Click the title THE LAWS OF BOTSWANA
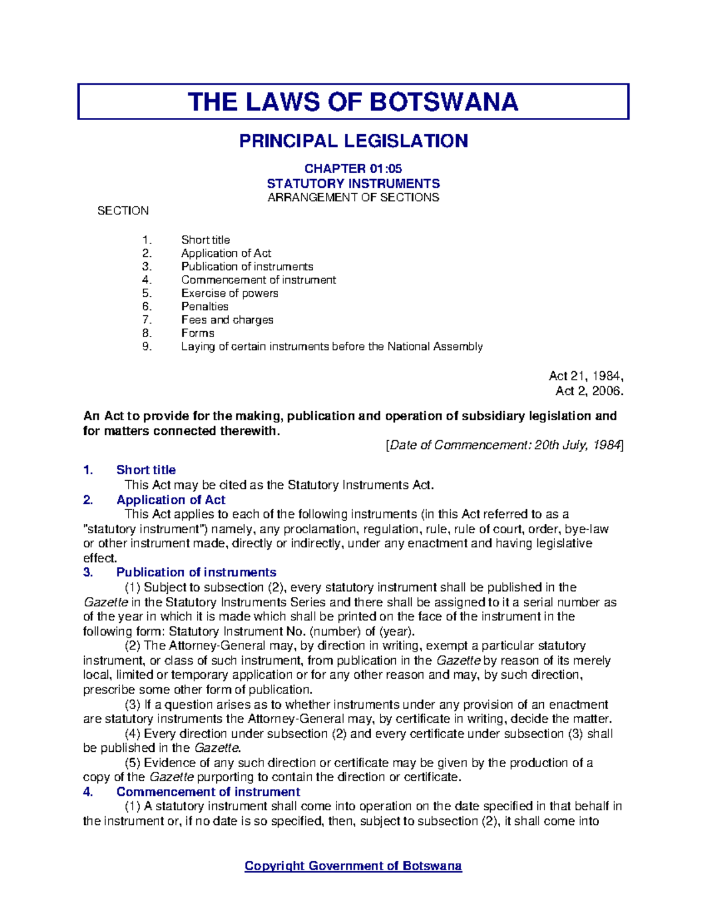click(353, 102)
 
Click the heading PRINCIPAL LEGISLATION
click(353, 141)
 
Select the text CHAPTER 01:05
click(353, 169)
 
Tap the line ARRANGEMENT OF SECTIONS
click(353, 197)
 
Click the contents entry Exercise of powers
click(229, 293)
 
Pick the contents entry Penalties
click(204, 306)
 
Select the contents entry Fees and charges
click(227, 320)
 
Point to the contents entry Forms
click(197, 333)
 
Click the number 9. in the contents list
click(147, 346)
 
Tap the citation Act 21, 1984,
click(586, 376)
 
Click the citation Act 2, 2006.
click(589, 391)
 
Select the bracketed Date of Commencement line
click(504, 445)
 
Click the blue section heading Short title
click(146, 470)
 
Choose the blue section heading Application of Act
click(170, 500)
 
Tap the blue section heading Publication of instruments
click(196, 572)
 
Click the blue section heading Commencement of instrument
click(208, 792)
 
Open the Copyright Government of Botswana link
click(353, 866)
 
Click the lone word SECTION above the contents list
click(123, 211)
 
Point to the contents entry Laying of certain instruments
click(332, 346)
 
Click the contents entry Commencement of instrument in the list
click(258, 280)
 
